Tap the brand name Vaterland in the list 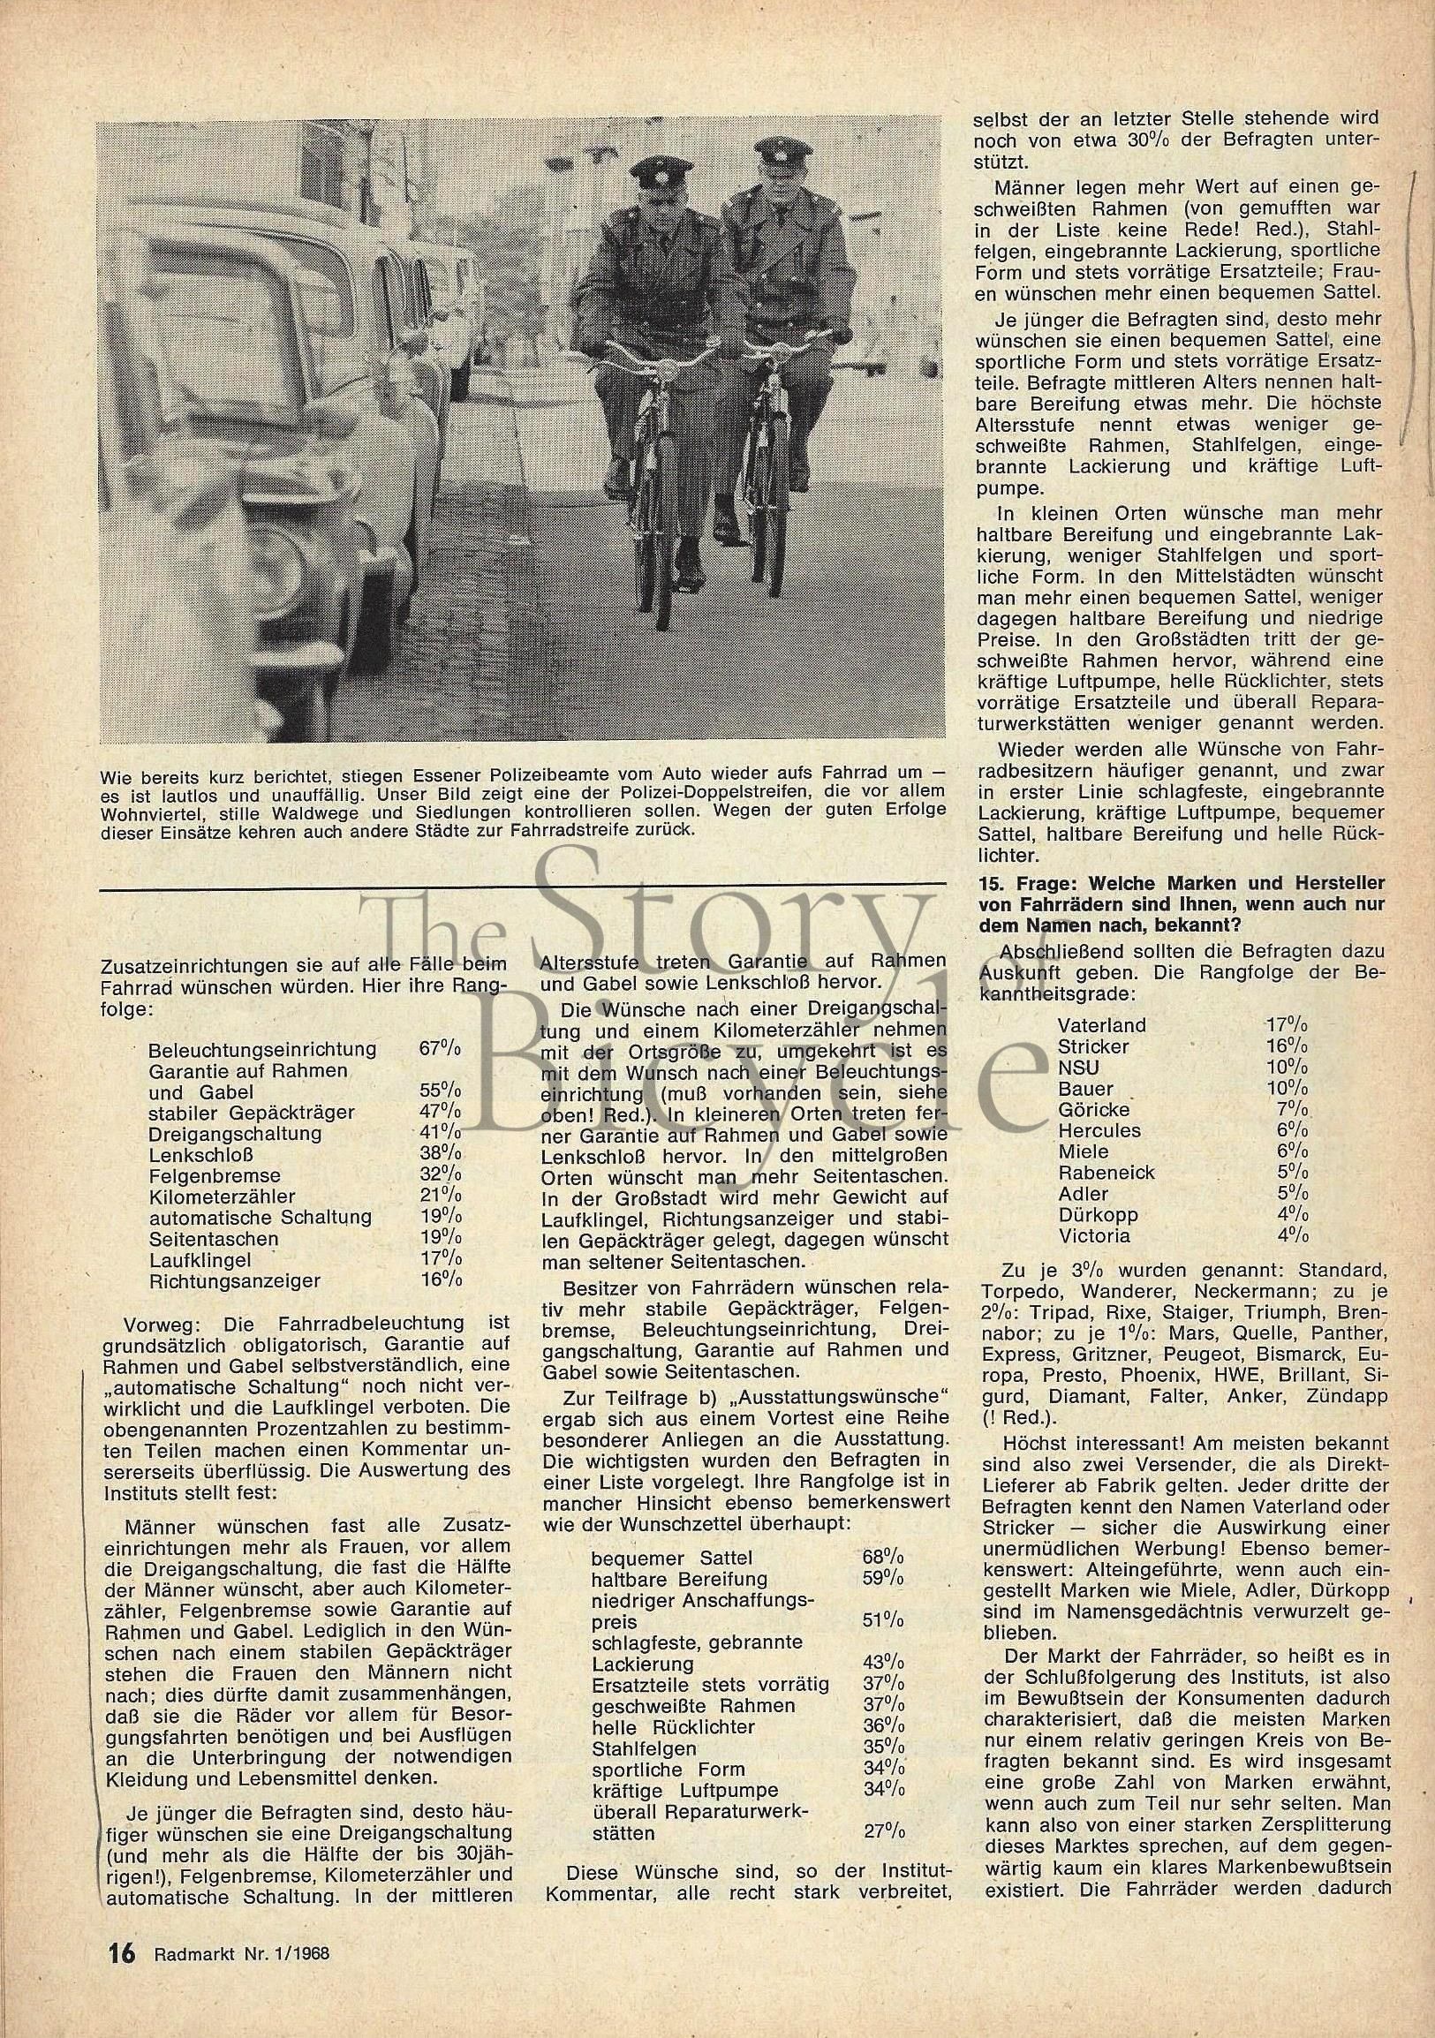pos(1101,1025)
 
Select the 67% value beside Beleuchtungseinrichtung pos(439,1049)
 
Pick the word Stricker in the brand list pos(1092,1046)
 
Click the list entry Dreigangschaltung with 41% pos(235,1134)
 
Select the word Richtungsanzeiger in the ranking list pos(235,1281)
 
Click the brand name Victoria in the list pos(1093,1235)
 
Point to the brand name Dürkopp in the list pos(1098,1214)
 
